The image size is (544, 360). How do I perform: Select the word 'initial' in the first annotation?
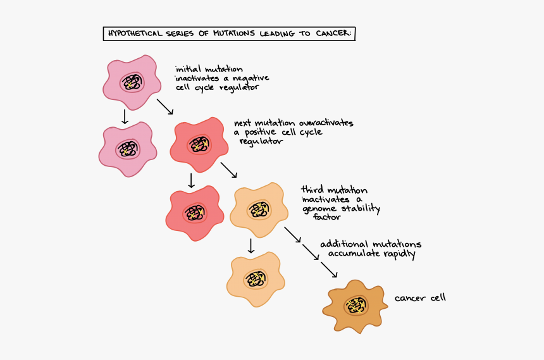pyautogui.click(x=188, y=68)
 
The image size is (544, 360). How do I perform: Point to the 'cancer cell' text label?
pyautogui.click(x=420, y=297)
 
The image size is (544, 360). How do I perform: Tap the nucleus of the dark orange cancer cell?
pyautogui.click(x=357, y=306)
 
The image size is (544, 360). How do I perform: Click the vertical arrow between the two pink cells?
pyautogui.click(x=125, y=116)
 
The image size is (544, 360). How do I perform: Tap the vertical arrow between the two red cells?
pyautogui.click(x=191, y=180)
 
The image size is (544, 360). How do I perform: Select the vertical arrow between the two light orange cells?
pyautogui.click(x=250, y=245)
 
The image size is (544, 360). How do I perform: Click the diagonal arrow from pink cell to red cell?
pyautogui.click(x=164, y=106)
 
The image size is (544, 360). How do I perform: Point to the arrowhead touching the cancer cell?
pyautogui.click(x=334, y=275)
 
